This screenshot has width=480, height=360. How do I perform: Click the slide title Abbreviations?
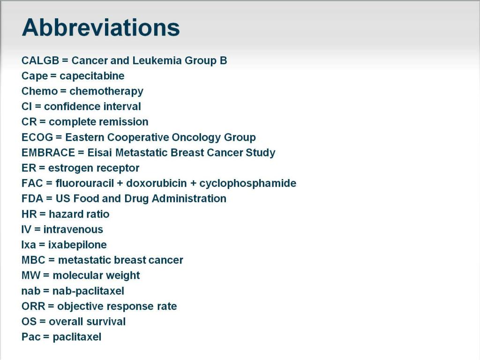(100, 28)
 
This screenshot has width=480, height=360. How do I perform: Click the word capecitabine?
(92, 76)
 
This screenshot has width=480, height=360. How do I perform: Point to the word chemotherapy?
(106, 91)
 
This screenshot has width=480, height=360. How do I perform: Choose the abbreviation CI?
(26, 106)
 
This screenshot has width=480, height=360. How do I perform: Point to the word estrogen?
(70, 168)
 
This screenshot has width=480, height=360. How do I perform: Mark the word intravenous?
(73, 230)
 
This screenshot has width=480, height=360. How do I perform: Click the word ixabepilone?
(77, 245)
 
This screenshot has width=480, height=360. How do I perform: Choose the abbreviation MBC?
(32, 260)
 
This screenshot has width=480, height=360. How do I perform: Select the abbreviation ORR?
(32, 307)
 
